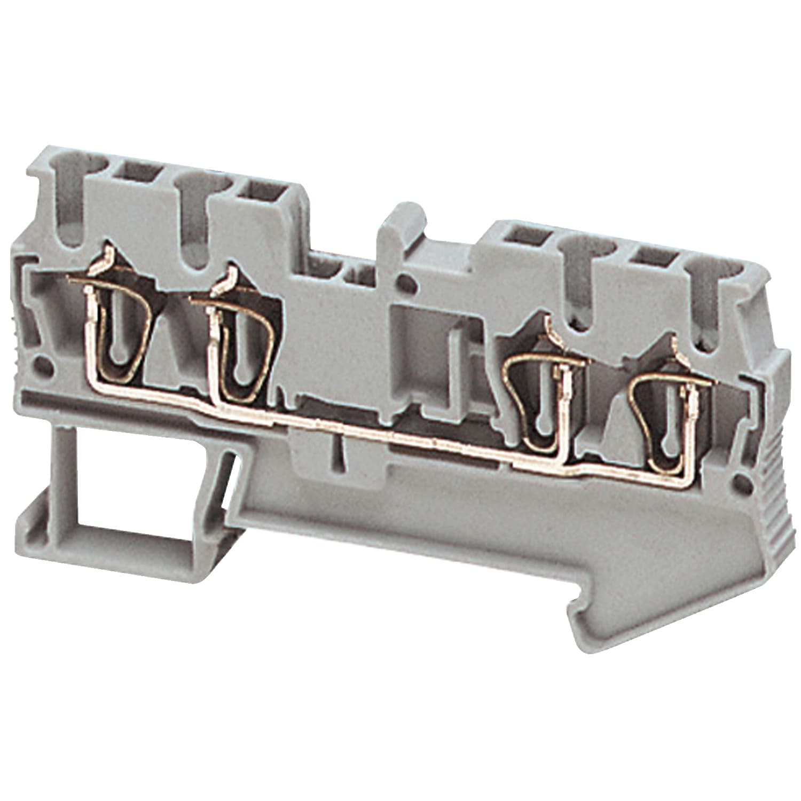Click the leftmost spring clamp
tap(119, 331)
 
